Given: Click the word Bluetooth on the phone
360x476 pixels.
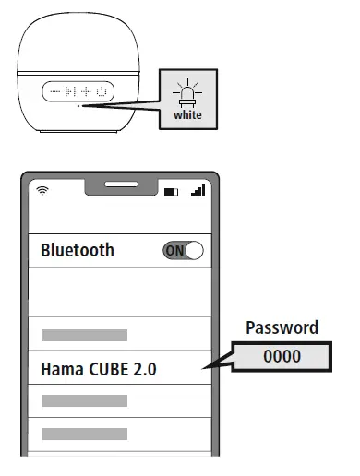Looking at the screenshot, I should pos(78,250).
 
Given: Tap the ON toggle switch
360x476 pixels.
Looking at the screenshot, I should pos(183,250).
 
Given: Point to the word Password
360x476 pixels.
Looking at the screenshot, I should pos(282,327).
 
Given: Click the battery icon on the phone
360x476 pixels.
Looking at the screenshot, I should pos(173,192).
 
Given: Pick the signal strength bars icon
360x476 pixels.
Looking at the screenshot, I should pos(197,191).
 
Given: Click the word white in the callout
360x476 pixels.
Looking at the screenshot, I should pos(187,116).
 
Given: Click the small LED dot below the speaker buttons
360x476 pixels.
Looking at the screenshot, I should pos(79,107).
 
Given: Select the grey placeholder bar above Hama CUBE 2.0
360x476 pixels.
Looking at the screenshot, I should pos(84,335).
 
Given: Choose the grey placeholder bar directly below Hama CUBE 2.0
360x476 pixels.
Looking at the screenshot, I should pos(84,400).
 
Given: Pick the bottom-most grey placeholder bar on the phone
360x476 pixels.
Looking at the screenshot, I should pos(84,433).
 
